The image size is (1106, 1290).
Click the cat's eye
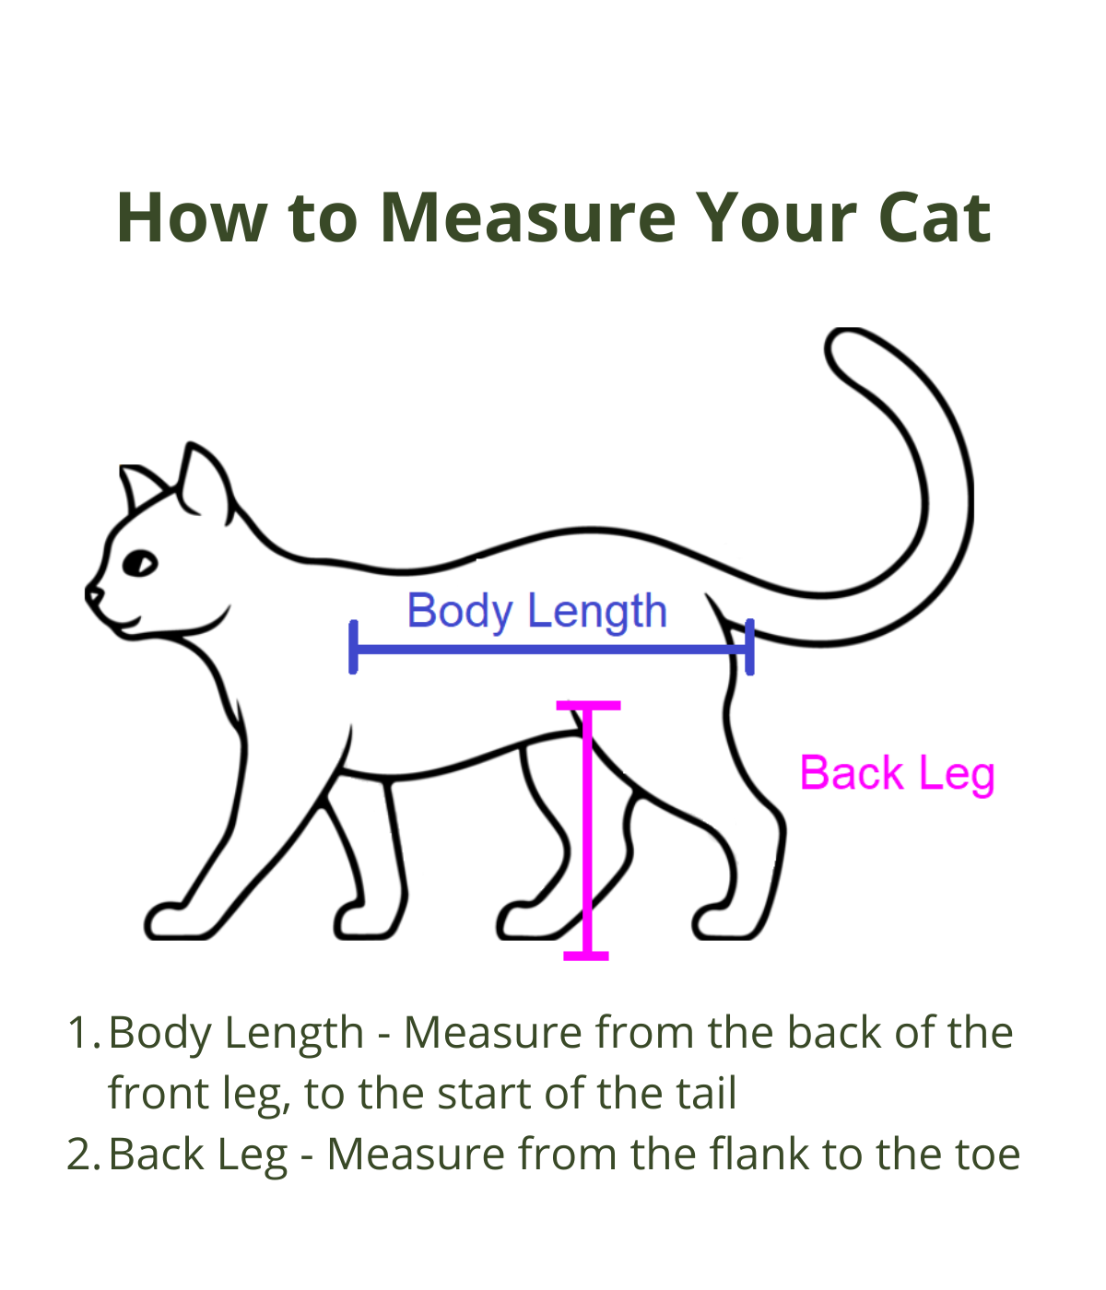[x=140, y=563]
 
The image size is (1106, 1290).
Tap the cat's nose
[x=92, y=593]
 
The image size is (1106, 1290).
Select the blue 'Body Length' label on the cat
[x=536, y=611]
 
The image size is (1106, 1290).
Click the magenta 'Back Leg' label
[x=897, y=774]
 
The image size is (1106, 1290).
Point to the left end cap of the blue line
[x=353, y=647]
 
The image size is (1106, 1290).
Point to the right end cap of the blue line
[x=749, y=647]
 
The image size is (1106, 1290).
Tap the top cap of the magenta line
[x=588, y=706]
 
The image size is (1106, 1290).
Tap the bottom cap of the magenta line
[x=586, y=956]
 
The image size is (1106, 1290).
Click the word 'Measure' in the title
[x=528, y=217]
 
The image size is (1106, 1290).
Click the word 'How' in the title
[x=193, y=217]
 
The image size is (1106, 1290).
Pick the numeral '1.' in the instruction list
[x=84, y=1033]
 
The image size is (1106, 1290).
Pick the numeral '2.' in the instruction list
[x=84, y=1155]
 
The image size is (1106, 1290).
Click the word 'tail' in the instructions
[x=709, y=1094]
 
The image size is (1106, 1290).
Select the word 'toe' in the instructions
[x=988, y=1155]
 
